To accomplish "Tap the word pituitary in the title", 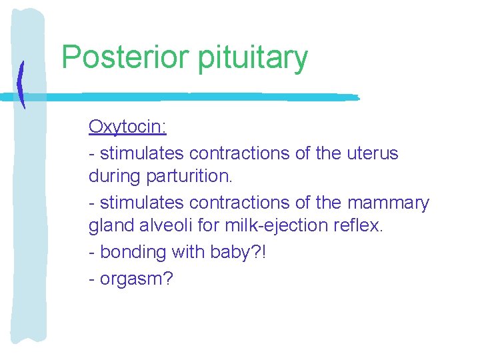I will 253,58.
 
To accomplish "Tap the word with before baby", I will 190,252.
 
